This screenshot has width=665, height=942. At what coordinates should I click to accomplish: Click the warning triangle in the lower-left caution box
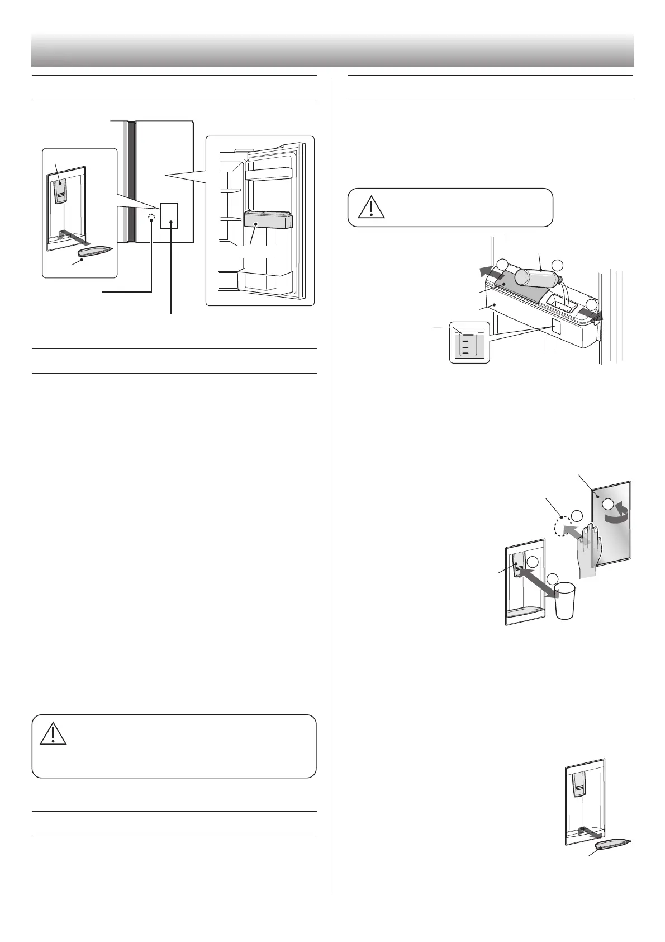[53, 733]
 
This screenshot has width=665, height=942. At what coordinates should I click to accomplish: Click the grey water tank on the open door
[268, 220]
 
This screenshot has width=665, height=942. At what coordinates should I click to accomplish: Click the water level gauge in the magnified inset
[468, 343]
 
